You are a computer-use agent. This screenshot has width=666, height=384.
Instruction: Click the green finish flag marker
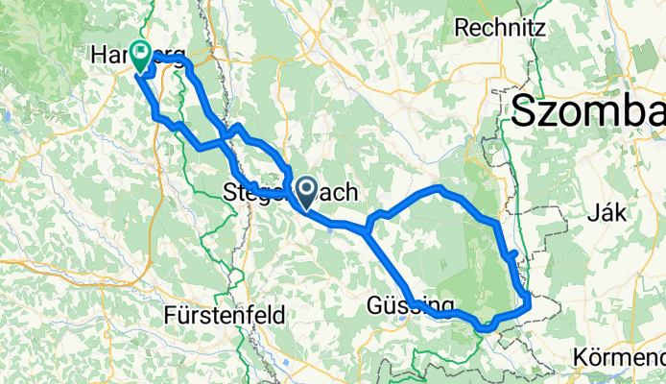[143, 56]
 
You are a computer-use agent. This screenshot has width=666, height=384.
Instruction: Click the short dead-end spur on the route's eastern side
[513, 254]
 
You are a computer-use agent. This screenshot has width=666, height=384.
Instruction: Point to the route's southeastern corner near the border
[529, 305]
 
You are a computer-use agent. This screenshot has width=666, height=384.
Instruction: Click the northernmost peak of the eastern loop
[439, 188]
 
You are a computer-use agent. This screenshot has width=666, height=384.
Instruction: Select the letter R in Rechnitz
[462, 28]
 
